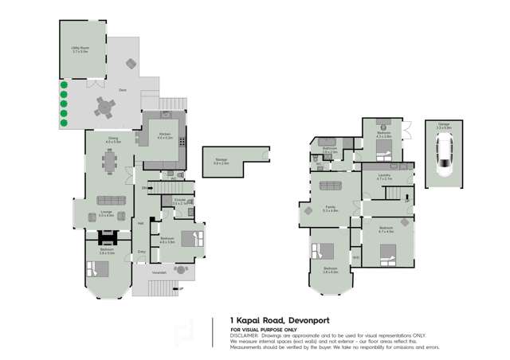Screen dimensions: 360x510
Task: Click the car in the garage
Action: click(x=444, y=155)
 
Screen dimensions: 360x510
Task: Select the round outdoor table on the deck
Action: click(x=104, y=108)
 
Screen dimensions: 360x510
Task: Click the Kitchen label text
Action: click(x=165, y=135)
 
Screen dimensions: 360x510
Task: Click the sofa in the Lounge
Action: click(x=108, y=201)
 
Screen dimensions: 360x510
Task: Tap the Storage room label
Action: click(x=221, y=161)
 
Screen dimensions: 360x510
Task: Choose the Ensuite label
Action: click(x=180, y=200)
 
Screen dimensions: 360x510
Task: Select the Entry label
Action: click(x=141, y=252)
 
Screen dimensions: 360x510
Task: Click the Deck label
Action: click(x=123, y=91)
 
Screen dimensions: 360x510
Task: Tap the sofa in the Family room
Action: click(x=329, y=187)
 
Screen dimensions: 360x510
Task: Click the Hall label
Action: click(x=141, y=224)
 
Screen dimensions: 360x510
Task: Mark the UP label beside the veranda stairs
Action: click(x=182, y=288)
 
